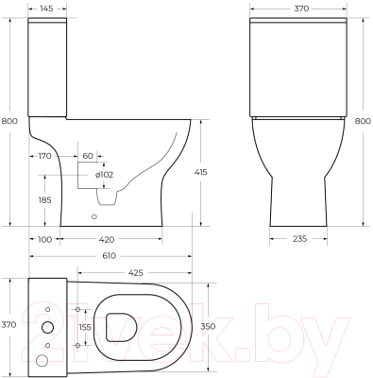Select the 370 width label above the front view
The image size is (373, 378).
[302, 8]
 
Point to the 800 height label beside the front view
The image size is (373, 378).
[363, 122]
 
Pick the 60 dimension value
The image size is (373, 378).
[88, 155]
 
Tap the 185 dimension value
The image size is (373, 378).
[43, 200]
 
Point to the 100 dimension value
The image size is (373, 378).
[43, 239]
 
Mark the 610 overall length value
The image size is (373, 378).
[111, 256]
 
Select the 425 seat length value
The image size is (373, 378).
[136, 273]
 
